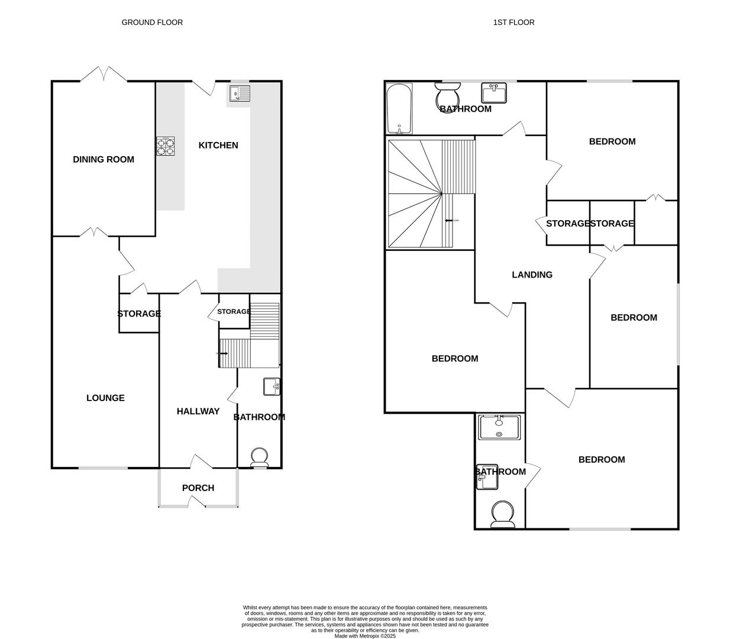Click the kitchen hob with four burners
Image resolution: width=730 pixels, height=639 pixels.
166,146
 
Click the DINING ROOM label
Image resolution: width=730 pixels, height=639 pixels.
104,159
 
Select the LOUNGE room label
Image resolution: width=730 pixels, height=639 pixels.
105,398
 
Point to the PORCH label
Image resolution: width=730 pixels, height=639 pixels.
198,488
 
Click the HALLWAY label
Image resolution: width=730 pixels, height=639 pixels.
198,411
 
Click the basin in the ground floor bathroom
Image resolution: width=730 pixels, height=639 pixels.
272,387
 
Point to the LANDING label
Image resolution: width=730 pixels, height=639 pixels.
532,275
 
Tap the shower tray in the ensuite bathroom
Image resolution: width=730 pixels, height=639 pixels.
499,427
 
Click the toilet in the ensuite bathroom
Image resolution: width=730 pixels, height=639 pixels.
502,514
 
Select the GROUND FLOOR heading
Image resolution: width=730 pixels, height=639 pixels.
152,22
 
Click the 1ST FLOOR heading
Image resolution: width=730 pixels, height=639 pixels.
513,22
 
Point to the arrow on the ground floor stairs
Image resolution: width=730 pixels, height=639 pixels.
224,353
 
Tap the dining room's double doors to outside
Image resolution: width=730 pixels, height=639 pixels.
104,75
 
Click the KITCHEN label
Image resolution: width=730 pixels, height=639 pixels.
218,145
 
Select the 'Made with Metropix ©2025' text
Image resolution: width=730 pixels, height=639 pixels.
365,636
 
